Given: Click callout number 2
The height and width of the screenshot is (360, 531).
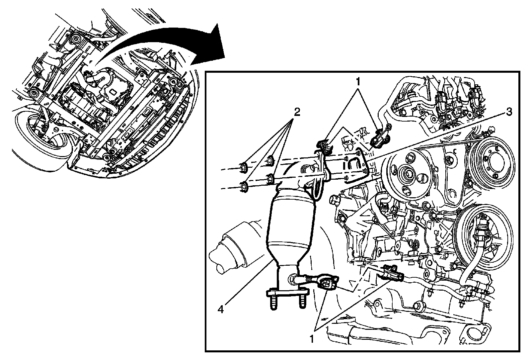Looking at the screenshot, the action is (297, 112).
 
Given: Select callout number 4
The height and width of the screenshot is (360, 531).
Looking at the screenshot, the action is (220, 309).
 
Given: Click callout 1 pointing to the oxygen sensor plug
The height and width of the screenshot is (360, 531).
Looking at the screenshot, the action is (312, 339).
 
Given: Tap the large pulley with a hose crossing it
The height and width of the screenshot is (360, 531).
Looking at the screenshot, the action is (484, 237).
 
